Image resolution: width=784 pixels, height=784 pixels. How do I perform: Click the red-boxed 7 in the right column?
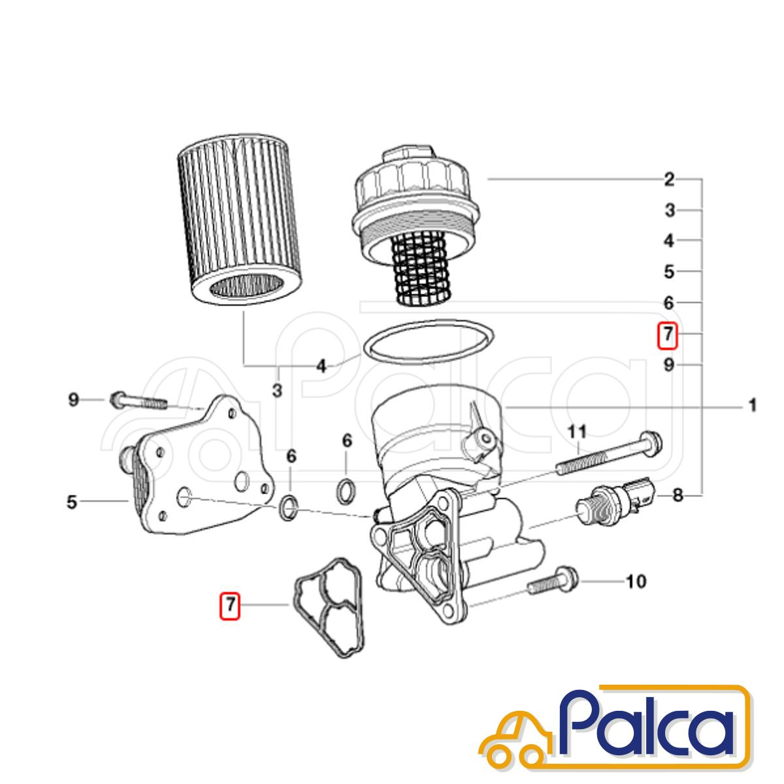[x=668, y=334]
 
